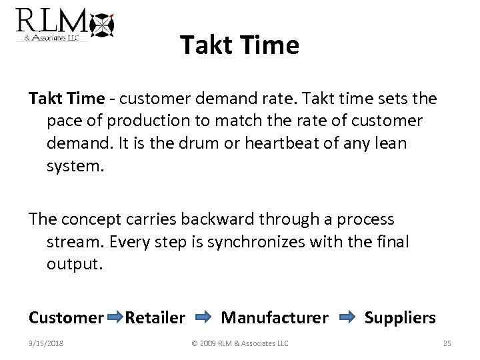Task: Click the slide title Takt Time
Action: (239, 45)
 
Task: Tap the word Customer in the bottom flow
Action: (66, 318)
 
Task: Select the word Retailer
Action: (155, 318)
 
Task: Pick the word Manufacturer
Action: (275, 318)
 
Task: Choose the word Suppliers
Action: (400, 318)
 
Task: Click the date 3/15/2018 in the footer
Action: (47, 343)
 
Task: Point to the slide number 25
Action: (447, 343)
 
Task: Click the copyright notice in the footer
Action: (240, 343)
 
